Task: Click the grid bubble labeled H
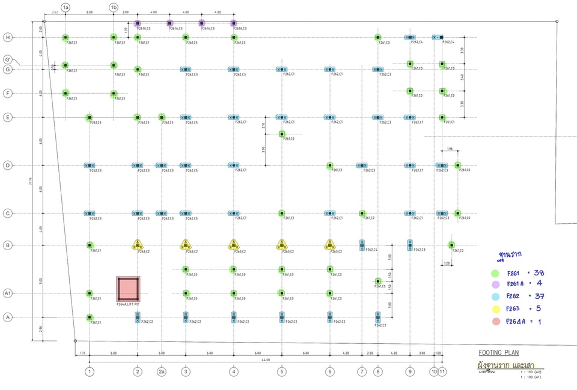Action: pyautogui.click(x=8, y=37)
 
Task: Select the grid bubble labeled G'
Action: pyautogui.click(x=8, y=59)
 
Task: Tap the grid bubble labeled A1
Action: pyautogui.click(x=8, y=293)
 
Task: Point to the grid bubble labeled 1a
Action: pyautogui.click(x=66, y=7)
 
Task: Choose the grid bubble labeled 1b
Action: pyautogui.click(x=114, y=7)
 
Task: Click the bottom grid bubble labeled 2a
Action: pyautogui.click(x=161, y=371)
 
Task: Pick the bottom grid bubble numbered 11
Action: pyautogui.click(x=442, y=371)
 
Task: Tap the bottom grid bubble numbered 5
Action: pyautogui.click(x=281, y=371)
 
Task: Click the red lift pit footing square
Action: pyautogui.click(x=128, y=289)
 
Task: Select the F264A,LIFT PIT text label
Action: pyautogui.click(x=128, y=304)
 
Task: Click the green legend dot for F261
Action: pyautogui.click(x=495, y=274)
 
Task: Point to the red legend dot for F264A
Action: pyautogui.click(x=495, y=322)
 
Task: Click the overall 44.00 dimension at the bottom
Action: pyautogui.click(x=265, y=360)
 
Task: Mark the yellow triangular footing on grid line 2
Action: pyautogui.click(x=138, y=245)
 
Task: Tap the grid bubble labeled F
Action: pyautogui.click(x=8, y=93)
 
